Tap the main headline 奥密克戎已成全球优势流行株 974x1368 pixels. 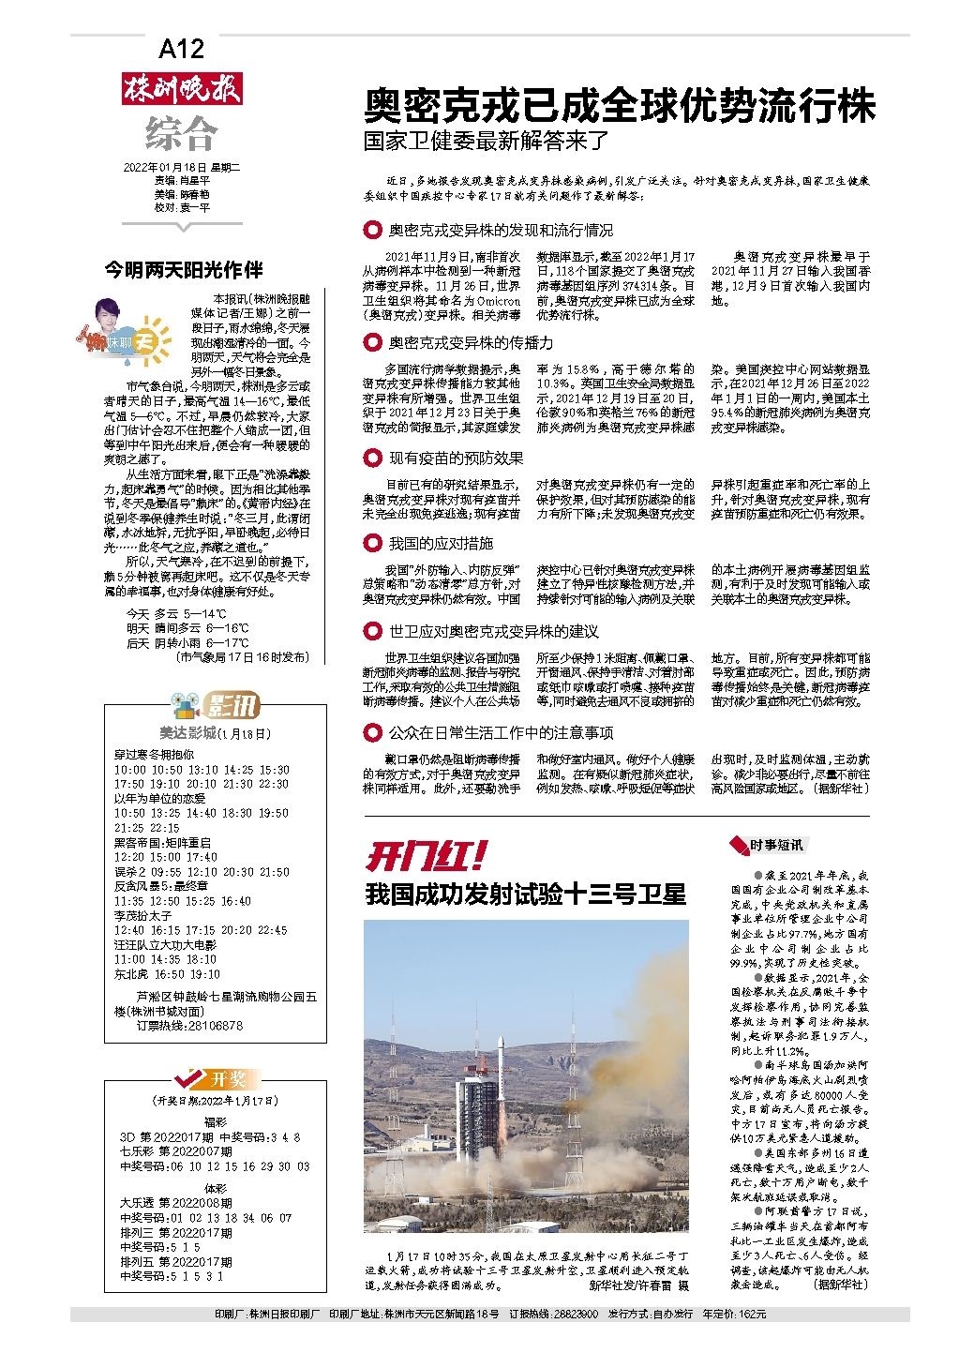[x=619, y=105]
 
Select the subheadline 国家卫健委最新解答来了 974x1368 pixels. [x=487, y=143]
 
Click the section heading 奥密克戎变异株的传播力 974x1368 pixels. [x=471, y=343]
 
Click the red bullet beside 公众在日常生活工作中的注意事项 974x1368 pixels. [x=372, y=732]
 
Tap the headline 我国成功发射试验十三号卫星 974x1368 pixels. [x=525, y=894]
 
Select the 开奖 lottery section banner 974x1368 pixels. [x=214, y=1077]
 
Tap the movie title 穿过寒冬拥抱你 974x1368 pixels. [x=155, y=754]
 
